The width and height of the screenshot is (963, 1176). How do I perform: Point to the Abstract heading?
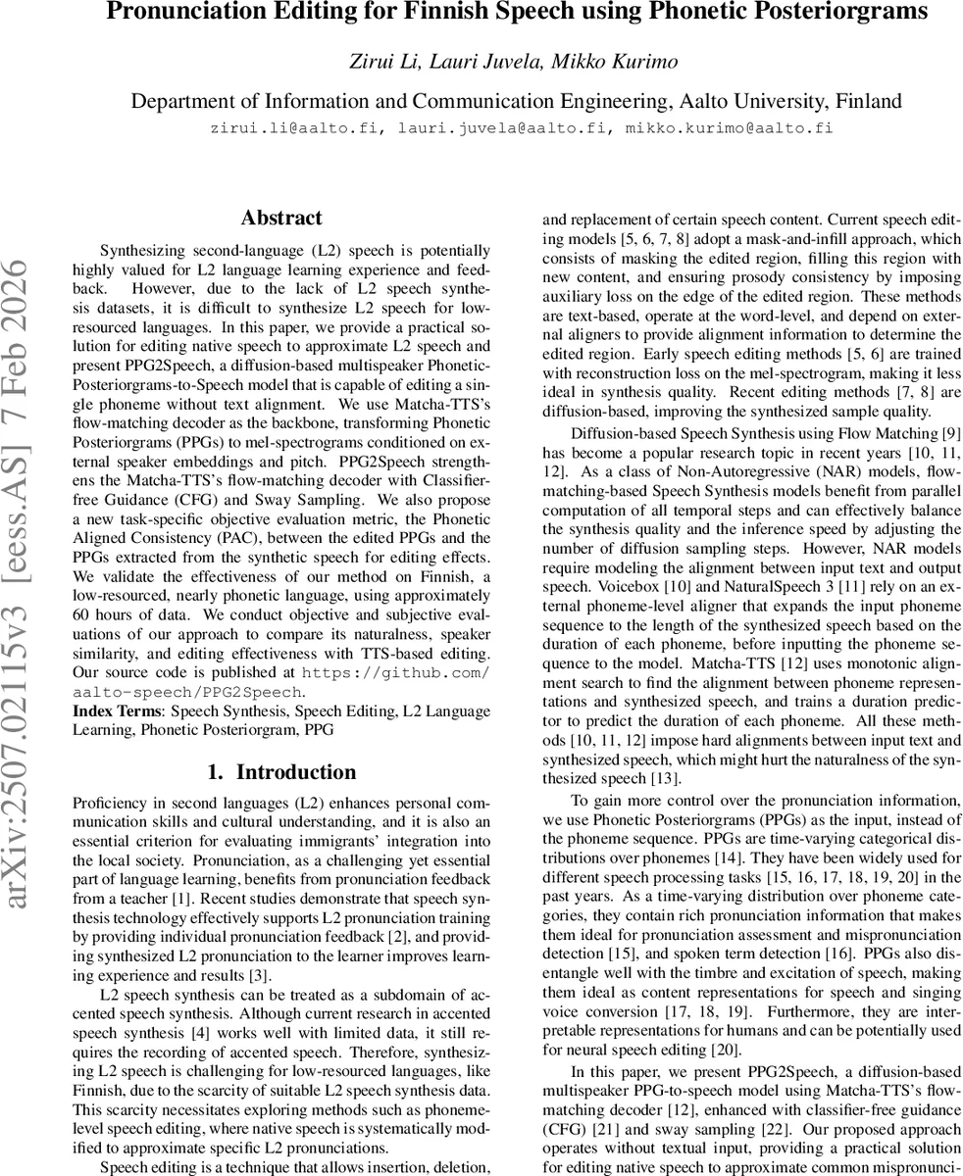pyautogui.click(x=280, y=219)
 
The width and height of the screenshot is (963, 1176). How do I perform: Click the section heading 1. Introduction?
pyautogui.click(x=281, y=772)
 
